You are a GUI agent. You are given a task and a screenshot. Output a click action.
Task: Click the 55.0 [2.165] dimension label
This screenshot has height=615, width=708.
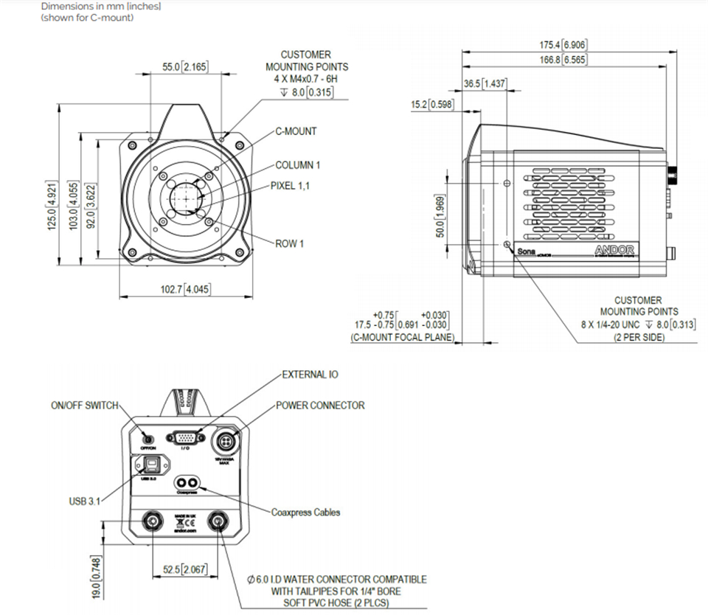[x=185, y=67]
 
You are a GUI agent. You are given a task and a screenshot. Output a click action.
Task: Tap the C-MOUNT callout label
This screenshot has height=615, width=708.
[x=296, y=131]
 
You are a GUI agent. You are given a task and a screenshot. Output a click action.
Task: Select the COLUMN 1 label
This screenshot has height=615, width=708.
[x=298, y=165]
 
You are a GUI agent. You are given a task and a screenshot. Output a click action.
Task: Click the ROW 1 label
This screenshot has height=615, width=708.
[x=290, y=244]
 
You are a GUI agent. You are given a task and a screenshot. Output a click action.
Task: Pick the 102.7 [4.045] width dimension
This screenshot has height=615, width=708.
[x=185, y=289]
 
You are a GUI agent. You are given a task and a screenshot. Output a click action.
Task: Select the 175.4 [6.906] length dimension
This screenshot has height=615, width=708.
[x=563, y=45]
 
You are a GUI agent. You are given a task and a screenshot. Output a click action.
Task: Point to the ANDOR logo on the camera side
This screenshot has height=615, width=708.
[x=614, y=251]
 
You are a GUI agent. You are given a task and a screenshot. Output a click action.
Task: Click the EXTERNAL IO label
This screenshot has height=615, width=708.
[x=310, y=375]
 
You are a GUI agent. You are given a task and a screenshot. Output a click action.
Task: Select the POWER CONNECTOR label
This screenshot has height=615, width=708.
[x=320, y=405]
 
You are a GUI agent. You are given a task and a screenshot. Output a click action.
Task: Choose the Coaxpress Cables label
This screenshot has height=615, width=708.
[x=306, y=512]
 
